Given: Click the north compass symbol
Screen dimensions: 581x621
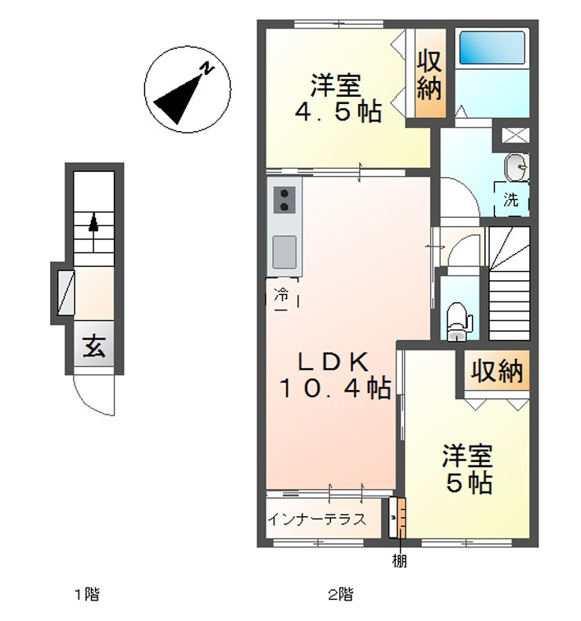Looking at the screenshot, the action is tap(187, 89).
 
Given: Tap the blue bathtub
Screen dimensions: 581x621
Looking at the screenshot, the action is tap(492, 48).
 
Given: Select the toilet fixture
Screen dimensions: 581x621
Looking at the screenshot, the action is tap(459, 321).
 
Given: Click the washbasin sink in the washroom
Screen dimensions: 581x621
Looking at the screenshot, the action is tap(516, 167).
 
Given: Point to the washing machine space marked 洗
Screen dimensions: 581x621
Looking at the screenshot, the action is tap(511, 199).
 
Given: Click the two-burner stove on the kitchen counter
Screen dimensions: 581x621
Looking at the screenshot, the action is tap(284, 200).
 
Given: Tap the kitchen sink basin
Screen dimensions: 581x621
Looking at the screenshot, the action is tap(284, 252).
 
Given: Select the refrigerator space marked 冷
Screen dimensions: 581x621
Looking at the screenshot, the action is tap(282, 294).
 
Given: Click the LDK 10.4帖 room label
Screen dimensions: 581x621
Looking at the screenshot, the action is tap(335, 374).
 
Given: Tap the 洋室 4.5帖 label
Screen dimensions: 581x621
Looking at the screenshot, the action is tap(338, 97).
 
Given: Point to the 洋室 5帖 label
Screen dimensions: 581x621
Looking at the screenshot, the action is tap(468, 469).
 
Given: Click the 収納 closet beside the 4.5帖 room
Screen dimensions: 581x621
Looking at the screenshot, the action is tap(429, 74).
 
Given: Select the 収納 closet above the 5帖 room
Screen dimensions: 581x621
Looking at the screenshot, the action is tap(497, 370).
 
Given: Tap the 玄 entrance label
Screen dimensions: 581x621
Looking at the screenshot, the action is tap(94, 346).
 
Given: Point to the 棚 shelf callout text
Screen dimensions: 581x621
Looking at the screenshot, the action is tap(399, 561).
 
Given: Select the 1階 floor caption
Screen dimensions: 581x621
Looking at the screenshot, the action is tap(87, 594).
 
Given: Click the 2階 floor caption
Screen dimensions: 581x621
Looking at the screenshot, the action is tap(341, 594).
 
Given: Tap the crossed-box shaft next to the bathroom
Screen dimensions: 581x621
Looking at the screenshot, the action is tap(515, 135).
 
